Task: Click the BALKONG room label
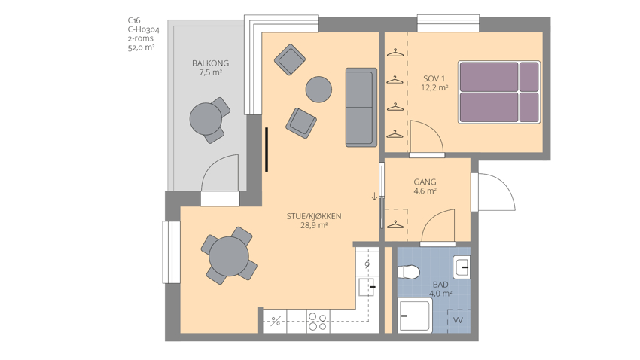210,63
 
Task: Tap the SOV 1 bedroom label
434,78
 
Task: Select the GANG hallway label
425,182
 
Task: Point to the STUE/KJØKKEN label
314,216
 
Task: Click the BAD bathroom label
440,285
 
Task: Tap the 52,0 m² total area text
142,47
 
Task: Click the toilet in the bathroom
409,272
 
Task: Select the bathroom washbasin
462,267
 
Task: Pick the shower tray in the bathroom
415,316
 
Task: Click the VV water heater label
458,320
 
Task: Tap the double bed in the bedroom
499,92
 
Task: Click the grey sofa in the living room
361,108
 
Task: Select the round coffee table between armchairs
318,90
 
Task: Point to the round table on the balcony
206,119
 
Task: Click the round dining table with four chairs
229,257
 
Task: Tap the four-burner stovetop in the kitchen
318,322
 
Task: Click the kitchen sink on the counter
367,286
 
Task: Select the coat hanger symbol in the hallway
395,224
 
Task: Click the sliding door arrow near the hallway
374,197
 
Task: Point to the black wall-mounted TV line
266,149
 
